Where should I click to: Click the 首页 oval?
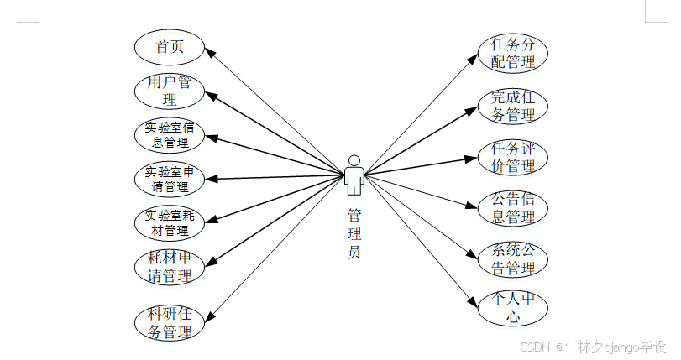click(170, 47)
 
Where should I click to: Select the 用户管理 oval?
click(170, 91)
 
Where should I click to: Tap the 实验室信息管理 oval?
click(170, 134)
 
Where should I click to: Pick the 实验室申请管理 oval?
click(170, 178)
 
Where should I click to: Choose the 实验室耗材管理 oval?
click(170, 222)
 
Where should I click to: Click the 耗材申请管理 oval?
click(170, 265)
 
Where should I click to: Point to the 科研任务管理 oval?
click(170, 323)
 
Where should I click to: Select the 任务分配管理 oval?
click(513, 53)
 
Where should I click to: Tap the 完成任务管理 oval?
click(513, 105)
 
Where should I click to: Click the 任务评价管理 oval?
click(513, 157)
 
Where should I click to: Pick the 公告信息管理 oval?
click(513, 208)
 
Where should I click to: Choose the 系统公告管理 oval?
click(513, 259)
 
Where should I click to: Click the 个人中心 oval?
click(513, 308)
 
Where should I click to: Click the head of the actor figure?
click(354, 160)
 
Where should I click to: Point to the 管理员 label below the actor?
click(354, 232)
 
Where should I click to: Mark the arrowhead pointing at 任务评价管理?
click(473, 158)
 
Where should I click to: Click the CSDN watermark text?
click(533, 347)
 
